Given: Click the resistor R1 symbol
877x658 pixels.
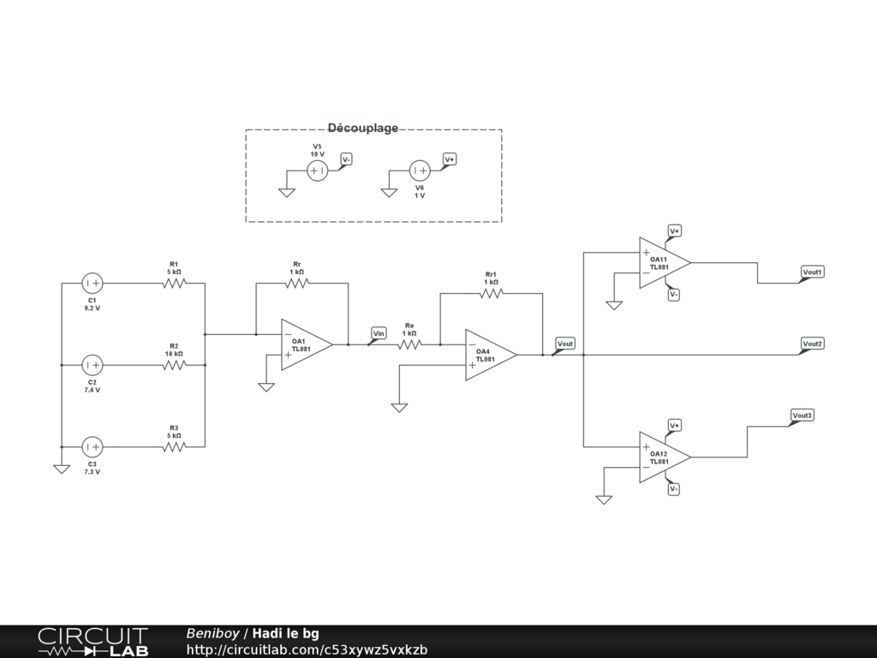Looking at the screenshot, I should click(174, 283).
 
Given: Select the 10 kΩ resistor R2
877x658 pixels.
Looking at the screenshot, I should click(174, 365).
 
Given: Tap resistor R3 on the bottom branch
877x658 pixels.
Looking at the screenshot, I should click(174, 446).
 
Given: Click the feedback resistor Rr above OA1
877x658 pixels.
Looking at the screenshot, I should click(297, 283).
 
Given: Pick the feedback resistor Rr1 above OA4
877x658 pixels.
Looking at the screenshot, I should click(491, 293).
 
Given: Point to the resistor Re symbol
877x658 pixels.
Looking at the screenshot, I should click(409, 344).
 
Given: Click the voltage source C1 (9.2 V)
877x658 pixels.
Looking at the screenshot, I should click(92, 283).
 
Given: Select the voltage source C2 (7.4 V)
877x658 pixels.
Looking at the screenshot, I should click(92, 365).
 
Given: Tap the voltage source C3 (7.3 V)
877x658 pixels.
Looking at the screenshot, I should click(92, 446).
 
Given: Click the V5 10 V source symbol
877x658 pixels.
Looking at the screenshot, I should click(317, 170).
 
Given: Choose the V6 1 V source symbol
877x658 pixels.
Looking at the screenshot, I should click(420, 170).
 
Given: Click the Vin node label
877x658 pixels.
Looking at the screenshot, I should click(379, 332).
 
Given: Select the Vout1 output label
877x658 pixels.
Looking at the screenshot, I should click(812, 272).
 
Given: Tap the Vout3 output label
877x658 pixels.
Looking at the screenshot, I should click(802, 416).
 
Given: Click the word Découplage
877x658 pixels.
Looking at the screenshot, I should click(362, 129).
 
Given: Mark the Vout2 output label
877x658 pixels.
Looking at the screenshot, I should click(812, 344).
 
